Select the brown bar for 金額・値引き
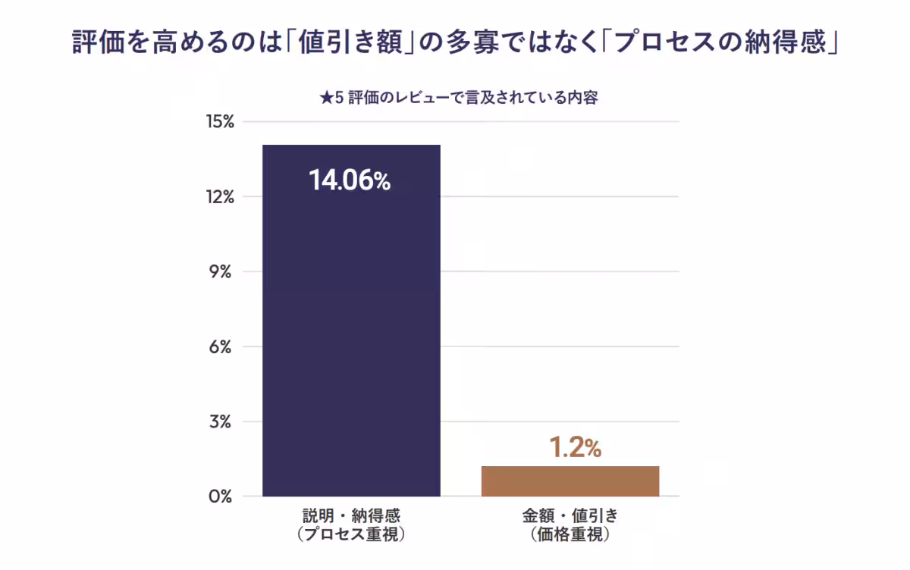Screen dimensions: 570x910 point(570,481)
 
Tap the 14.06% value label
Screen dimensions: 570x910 point(349,181)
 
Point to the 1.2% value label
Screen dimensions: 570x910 point(575,448)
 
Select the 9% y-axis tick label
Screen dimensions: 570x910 point(220,271)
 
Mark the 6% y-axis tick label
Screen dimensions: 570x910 point(220,346)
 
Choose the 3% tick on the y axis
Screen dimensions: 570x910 point(220,421)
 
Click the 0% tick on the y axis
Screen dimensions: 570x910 point(220,496)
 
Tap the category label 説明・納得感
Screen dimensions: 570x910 point(351,516)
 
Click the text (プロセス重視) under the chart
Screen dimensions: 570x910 point(351,534)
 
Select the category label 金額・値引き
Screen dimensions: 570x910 point(570,516)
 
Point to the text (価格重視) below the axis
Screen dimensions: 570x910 point(570,534)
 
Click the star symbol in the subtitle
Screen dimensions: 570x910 point(325,99)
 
